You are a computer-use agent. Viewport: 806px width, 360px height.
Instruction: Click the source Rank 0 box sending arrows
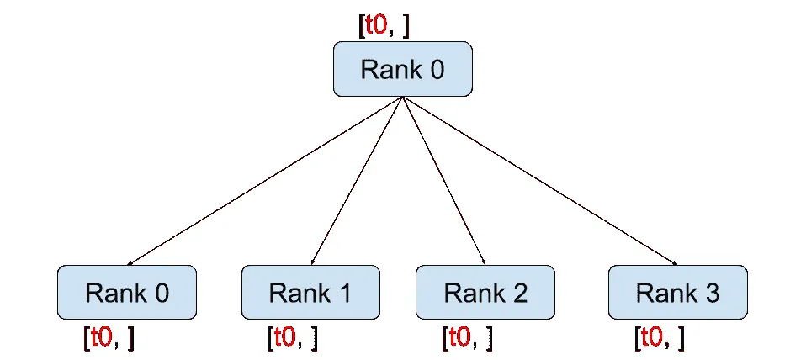402,69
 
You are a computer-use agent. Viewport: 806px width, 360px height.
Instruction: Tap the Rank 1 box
310,293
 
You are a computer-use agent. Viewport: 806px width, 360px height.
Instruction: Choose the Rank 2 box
485,293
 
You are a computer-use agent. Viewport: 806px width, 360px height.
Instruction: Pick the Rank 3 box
677,293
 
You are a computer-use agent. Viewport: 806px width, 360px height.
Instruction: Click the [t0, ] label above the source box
384,25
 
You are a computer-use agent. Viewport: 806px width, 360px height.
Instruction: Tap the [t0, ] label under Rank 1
292,337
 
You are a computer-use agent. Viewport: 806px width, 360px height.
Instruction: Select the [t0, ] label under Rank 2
467,337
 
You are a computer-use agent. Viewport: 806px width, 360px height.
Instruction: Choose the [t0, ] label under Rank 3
659,337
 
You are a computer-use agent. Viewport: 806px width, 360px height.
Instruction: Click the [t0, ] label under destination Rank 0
109,337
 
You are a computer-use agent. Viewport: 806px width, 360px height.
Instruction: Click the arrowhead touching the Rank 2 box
484,262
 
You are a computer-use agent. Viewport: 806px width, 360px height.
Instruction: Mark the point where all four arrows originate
402,97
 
